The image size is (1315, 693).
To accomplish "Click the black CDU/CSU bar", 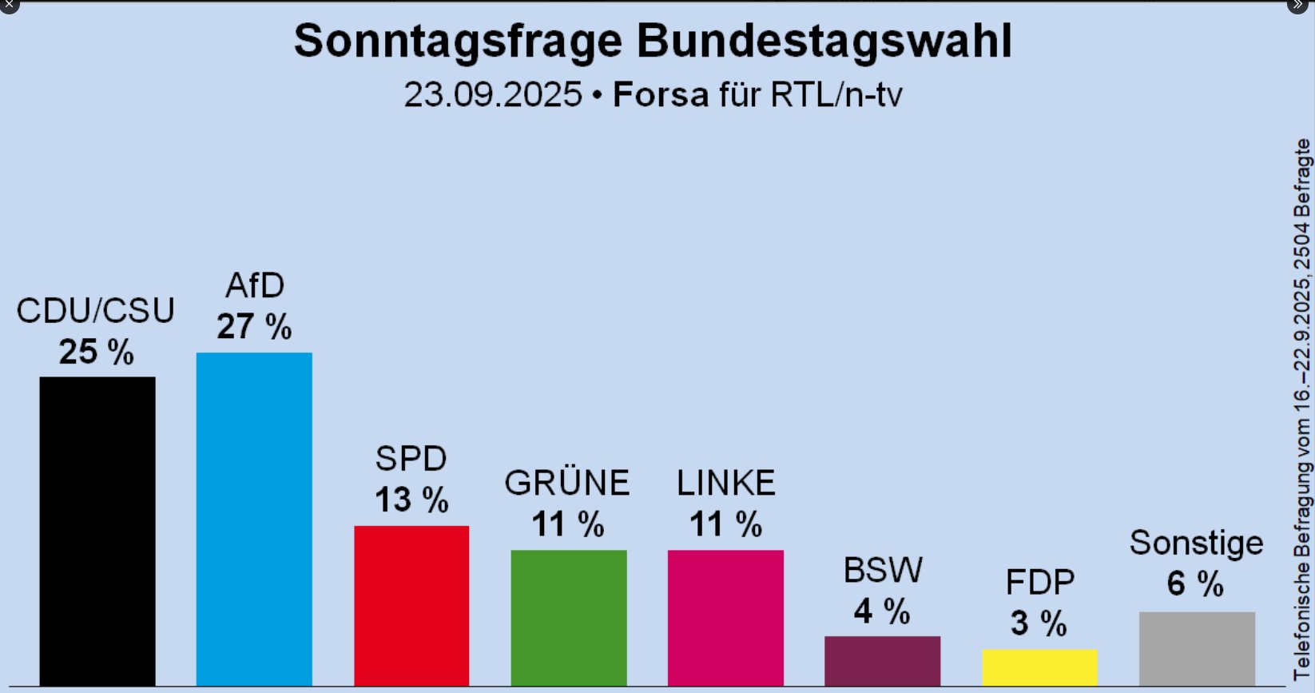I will click(97, 531).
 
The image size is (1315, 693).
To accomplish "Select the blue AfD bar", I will click(254, 519).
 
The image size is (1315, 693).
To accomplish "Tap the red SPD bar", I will click(411, 605).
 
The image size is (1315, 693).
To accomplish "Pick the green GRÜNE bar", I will click(569, 617).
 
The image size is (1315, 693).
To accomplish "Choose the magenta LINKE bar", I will click(725, 617).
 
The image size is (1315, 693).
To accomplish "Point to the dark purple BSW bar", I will click(882, 660).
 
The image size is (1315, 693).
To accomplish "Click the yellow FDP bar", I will click(1039, 667).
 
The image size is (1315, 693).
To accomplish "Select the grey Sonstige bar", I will click(1197, 648).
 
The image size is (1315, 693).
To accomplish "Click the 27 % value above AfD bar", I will click(254, 327).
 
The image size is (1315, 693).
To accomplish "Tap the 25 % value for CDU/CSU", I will click(97, 352).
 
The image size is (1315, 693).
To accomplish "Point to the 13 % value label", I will click(411, 500).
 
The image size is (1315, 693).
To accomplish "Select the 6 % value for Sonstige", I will click(1195, 583).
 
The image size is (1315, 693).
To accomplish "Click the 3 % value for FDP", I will click(1039, 623).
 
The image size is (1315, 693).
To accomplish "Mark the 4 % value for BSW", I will click(882, 612).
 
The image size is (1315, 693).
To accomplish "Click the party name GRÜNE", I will click(567, 483).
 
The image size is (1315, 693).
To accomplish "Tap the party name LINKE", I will click(725, 483).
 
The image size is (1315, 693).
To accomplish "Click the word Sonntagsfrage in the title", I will click(458, 42).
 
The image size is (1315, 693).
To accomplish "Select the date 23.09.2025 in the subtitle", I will click(493, 95).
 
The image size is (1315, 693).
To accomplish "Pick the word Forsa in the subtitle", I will click(661, 95).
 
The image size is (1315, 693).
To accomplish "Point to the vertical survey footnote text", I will click(1302, 408).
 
